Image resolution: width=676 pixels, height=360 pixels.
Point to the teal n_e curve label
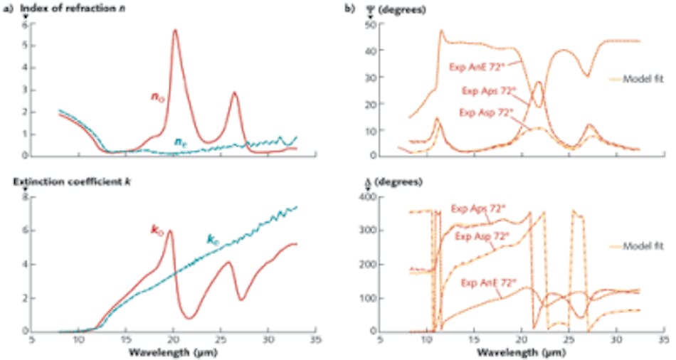(x=182, y=142)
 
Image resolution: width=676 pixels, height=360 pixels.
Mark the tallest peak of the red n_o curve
(x=175, y=31)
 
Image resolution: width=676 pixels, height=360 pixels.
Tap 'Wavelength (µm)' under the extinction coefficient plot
(x=164, y=352)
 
